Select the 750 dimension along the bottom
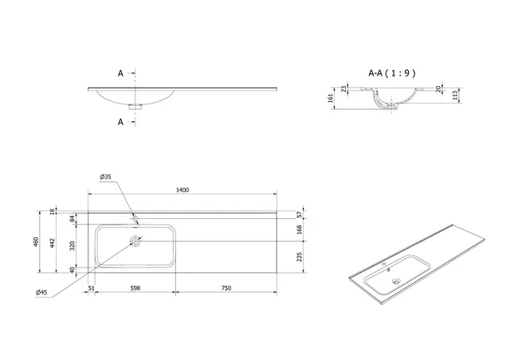tap(226, 288)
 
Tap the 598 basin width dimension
tap(135, 288)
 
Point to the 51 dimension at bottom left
tap(92, 288)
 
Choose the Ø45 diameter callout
tap(41, 292)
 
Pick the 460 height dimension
tap(35, 242)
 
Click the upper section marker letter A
tap(121, 72)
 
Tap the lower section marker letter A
tap(121, 121)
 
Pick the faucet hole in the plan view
tap(135, 217)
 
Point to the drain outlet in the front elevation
tap(135, 104)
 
